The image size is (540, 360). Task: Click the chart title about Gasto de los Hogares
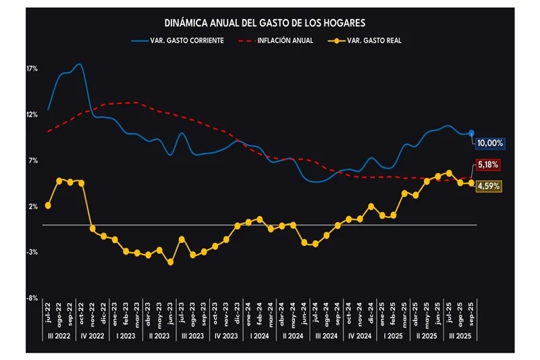point(269,22)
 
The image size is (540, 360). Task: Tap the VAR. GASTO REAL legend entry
point(373,40)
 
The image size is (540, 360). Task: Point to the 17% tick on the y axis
point(32,69)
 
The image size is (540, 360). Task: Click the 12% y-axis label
point(32,115)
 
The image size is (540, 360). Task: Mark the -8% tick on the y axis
point(32,298)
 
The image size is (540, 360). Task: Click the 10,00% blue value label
point(489,143)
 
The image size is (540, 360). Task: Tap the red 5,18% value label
point(487,165)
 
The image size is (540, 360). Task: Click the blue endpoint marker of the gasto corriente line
point(471,133)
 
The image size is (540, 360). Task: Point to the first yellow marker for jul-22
point(48,205)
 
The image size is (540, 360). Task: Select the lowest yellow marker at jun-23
point(170,262)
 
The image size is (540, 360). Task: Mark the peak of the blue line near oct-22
point(80,64)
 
